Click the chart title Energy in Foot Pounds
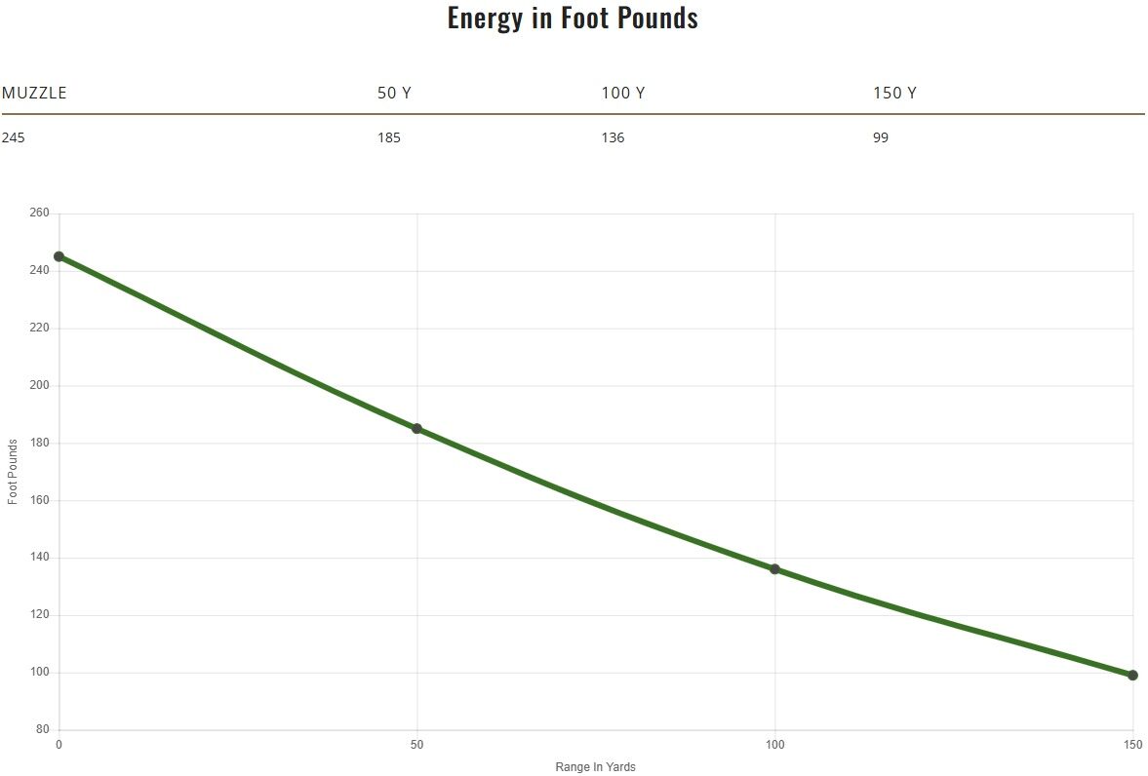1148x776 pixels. [573, 19]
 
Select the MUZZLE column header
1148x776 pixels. [34, 94]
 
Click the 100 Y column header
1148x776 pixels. [622, 94]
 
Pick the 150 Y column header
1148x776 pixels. [894, 94]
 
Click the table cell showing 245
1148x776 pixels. [13, 137]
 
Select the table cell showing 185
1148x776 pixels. [388, 137]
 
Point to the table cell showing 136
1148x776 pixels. [613, 137]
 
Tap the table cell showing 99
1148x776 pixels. [881, 137]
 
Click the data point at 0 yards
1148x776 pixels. [59, 256]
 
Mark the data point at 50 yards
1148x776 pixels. [417, 429]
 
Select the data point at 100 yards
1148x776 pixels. [775, 569]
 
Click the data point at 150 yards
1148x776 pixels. [1132, 675]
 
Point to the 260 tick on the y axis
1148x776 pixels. [41, 213]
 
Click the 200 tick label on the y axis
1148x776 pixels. [41, 386]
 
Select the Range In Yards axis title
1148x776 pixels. [595, 767]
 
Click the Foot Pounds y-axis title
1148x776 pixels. [13, 472]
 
